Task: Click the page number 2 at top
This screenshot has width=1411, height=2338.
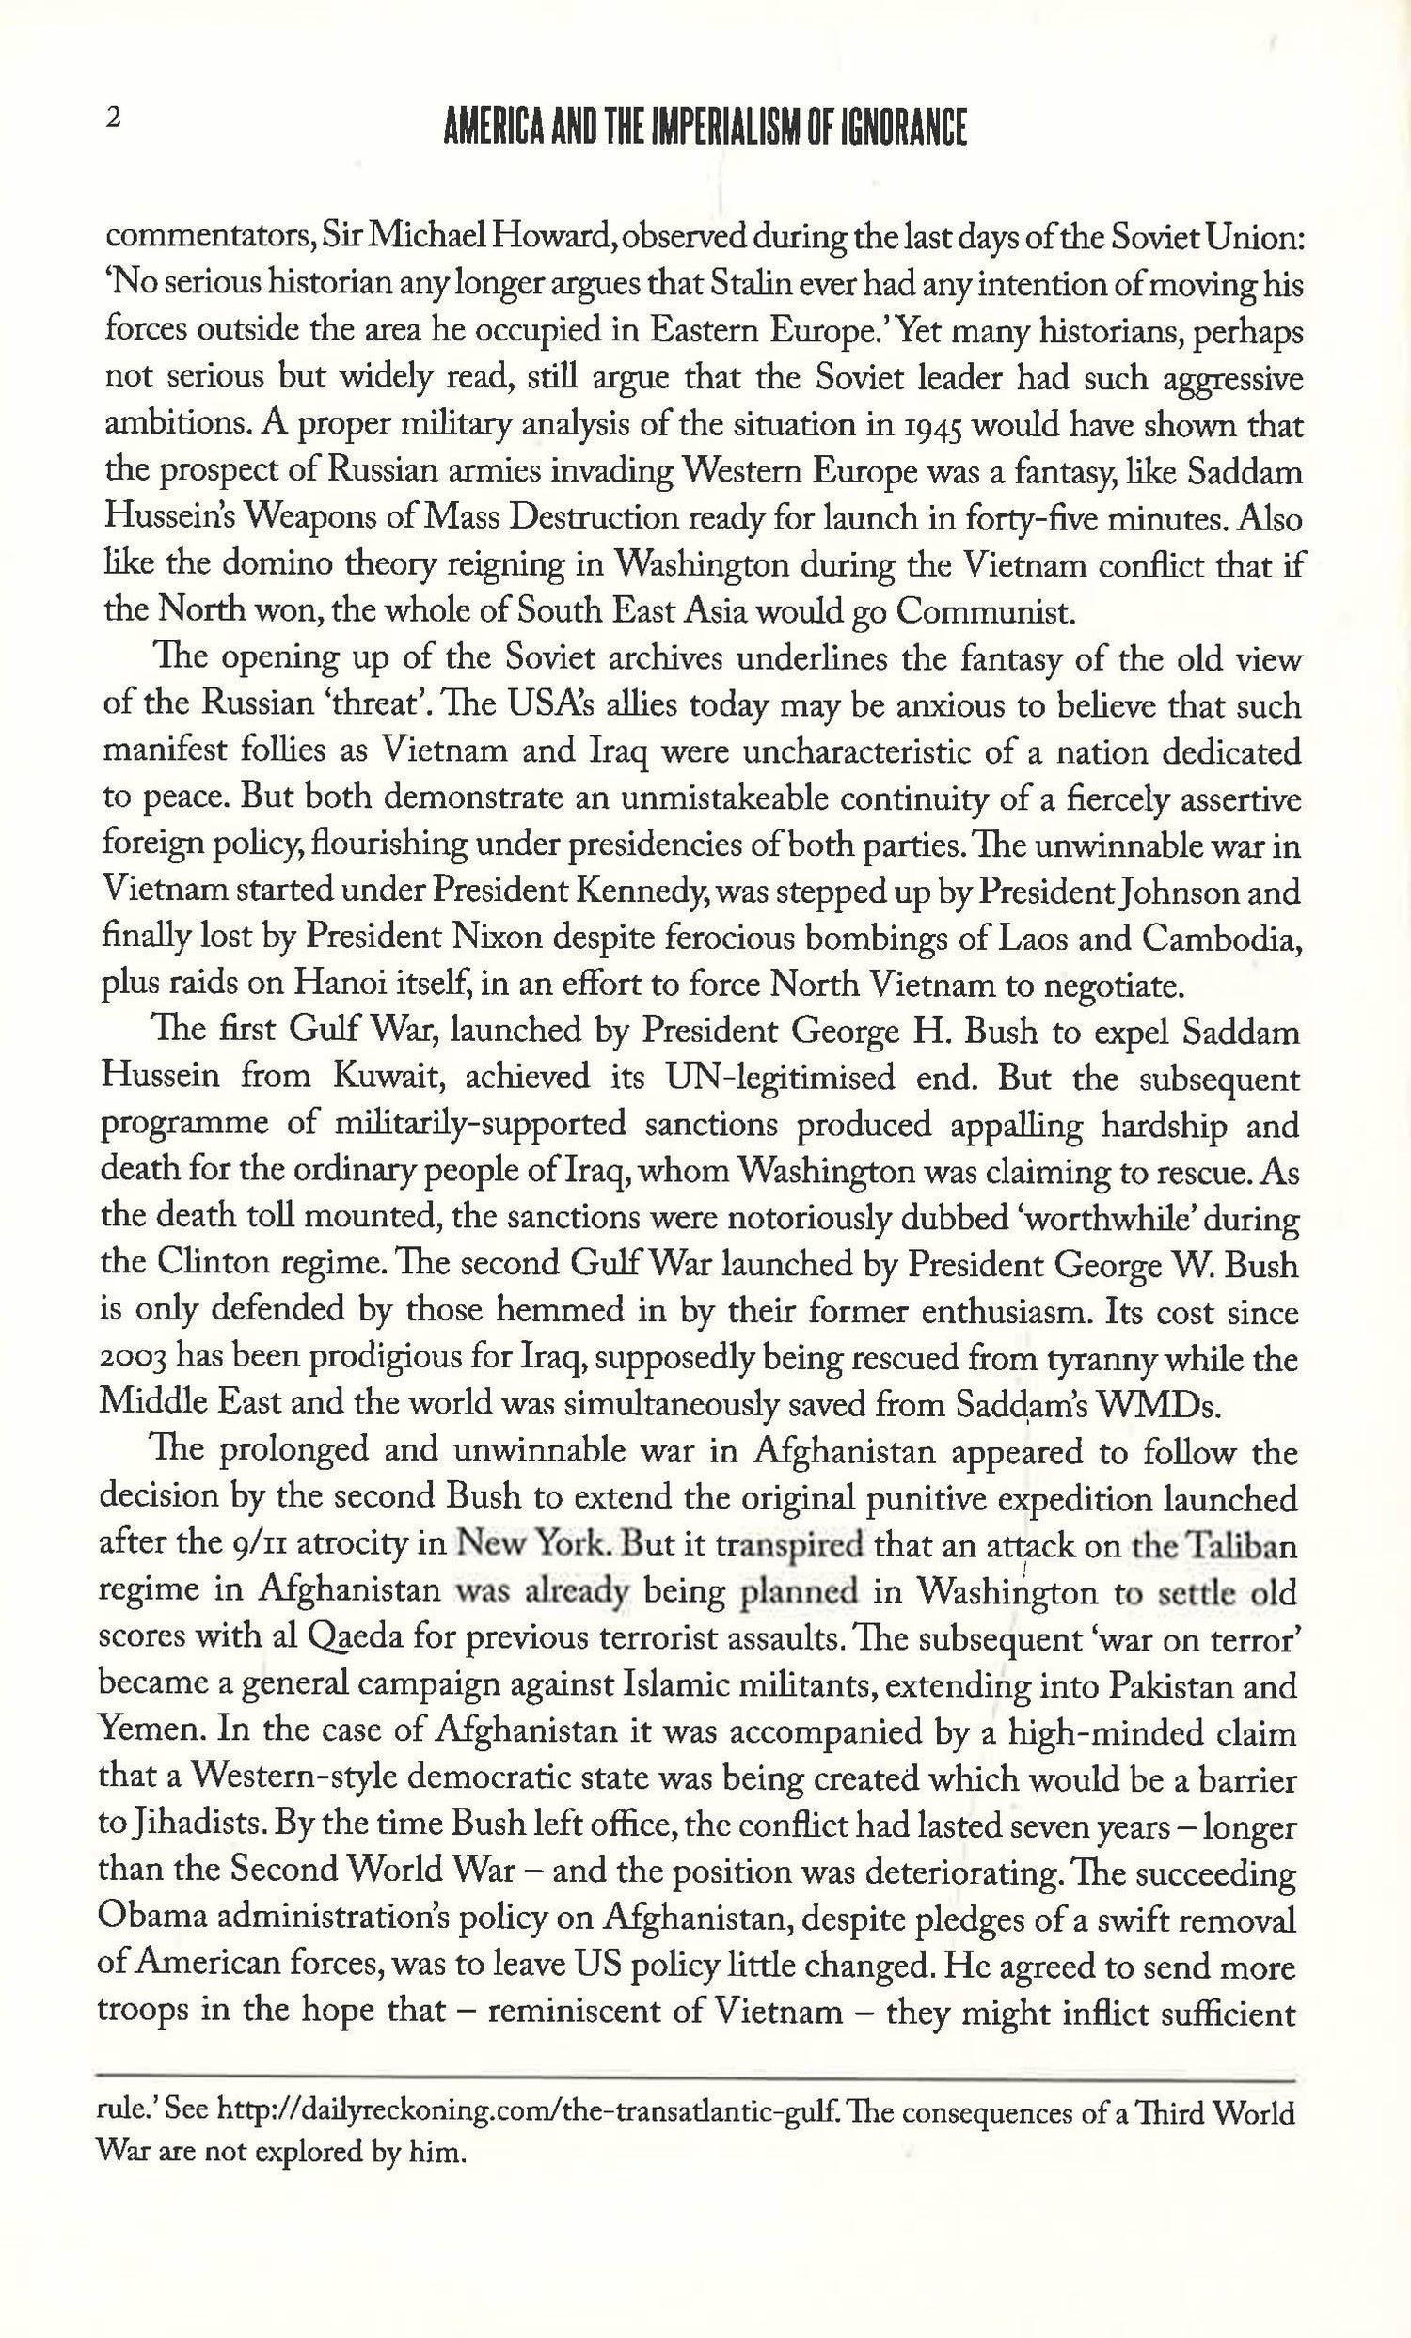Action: point(114,118)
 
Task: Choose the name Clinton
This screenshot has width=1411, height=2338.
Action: point(200,1265)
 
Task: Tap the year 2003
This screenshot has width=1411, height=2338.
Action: point(134,1359)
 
